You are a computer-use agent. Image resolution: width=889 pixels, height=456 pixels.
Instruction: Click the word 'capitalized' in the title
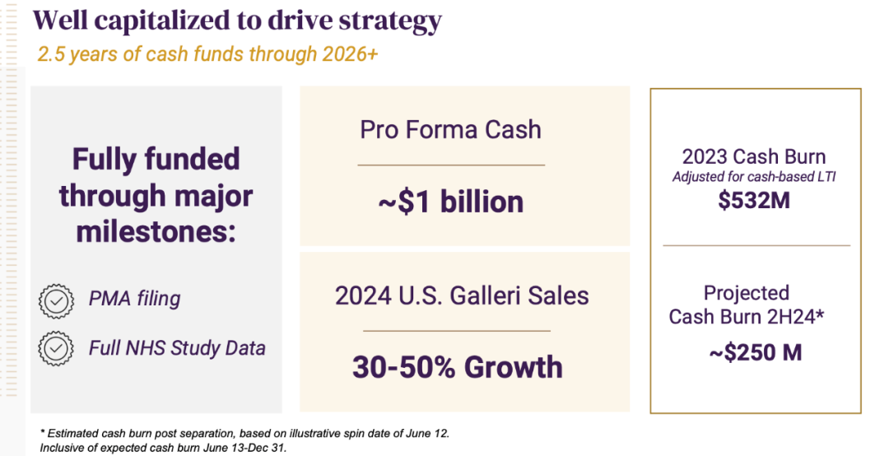pyautogui.click(x=163, y=21)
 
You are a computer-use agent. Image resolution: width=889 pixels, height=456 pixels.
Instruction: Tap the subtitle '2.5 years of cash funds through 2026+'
pyautogui.click(x=207, y=54)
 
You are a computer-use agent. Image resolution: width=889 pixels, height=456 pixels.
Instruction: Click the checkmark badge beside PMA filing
pyautogui.click(x=56, y=301)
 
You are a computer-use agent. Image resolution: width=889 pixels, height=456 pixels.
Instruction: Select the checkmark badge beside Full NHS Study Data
pyautogui.click(x=56, y=348)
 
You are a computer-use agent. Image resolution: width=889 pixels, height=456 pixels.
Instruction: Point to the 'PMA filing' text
pyautogui.click(x=134, y=299)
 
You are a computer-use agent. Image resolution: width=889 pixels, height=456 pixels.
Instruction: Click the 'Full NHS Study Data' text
pyautogui.click(x=177, y=347)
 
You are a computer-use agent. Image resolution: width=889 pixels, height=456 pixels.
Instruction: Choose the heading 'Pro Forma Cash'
pyautogui.click(x=451, y=129)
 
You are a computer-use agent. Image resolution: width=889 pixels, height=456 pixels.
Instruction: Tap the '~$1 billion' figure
pyautogui.click(x=451, y=202)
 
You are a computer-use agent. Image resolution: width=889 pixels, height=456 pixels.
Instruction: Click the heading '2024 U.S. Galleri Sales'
pyautogui.click(x=462, y=295)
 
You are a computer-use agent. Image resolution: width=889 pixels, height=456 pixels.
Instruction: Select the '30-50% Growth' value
pyautogui.click(x=458, y=367)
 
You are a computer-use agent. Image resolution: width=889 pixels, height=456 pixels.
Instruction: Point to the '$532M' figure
pyautogui.click(x=753, y=201)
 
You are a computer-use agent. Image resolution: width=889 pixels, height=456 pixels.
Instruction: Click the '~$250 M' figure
pyautogui.click(x=755, y=353)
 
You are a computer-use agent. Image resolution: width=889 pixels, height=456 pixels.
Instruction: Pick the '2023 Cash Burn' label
pyautogui.click(x=753, y=156)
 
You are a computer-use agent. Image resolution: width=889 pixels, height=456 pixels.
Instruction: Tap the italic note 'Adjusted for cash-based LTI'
pyautogui.click(x=754, y=176)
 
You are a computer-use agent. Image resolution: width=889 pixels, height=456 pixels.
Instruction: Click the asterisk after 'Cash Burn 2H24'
pyautogui.click(x=820, y=313)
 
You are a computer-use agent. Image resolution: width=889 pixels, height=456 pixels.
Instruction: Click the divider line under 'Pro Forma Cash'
pyautogui.click(x=451, y=165)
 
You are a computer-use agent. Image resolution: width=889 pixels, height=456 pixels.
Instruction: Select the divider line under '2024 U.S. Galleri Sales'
pyautogui.click(x=457, y=331)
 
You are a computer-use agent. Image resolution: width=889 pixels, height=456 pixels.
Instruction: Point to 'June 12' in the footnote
pyautogui.click(x=427, y=433)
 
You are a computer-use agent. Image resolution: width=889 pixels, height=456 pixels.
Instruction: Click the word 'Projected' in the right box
pyautogui.click(x=746, y=293)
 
